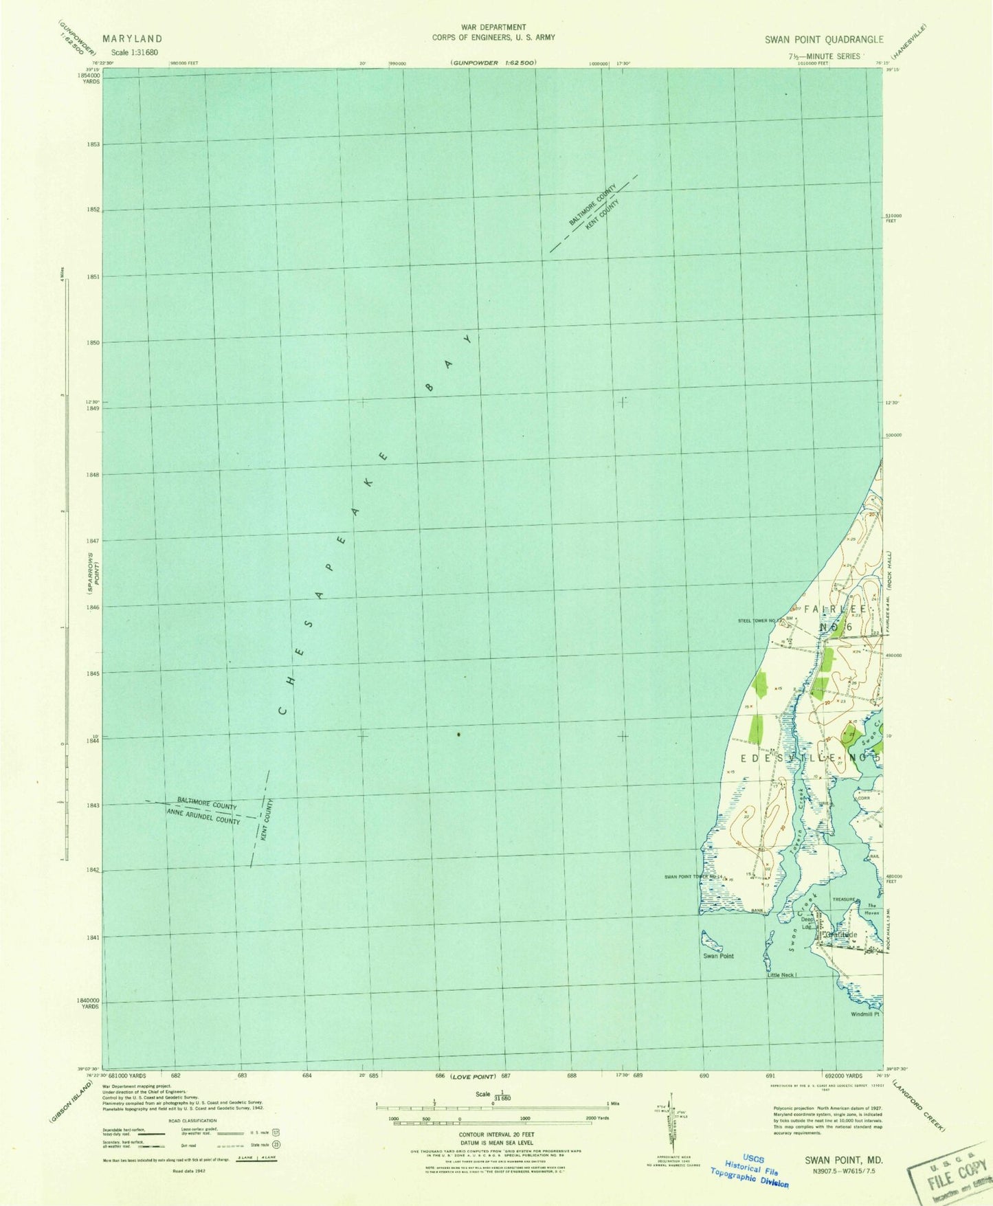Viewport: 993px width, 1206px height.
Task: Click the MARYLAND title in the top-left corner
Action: (x=133, y=39)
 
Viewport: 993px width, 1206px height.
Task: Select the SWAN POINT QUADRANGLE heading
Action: (x=824, y=40)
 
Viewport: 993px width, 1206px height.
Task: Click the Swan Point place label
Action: (x=718, y=956)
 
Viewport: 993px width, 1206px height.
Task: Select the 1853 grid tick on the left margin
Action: (x=93, y=144)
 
